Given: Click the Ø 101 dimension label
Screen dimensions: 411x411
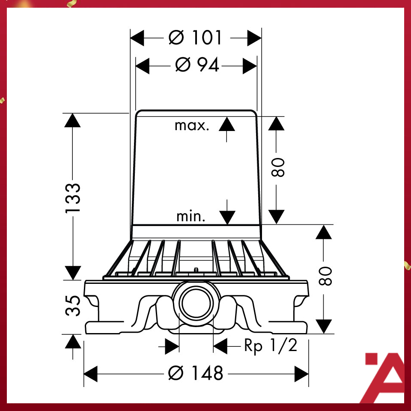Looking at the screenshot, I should pos(196,38).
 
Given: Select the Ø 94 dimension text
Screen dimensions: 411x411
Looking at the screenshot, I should pos(197,66).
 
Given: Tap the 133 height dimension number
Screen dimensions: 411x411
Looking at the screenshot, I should pos(73,198).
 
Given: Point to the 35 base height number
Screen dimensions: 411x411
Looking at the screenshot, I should pos(73,306).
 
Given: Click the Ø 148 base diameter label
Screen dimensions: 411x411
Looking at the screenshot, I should pos(196,373).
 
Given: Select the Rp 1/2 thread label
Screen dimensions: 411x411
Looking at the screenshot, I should pos(271,345).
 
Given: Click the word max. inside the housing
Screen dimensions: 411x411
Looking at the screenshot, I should pos(192,126).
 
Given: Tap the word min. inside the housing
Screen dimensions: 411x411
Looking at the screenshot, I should pos(191,217).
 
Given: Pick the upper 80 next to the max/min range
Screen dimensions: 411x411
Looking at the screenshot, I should pos(278,167).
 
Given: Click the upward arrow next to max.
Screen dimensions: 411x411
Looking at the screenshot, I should pos(227,124).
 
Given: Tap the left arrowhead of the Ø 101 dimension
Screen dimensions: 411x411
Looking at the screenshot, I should pos(137,38).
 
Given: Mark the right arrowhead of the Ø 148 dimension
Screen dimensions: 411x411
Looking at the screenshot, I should pos(301,373).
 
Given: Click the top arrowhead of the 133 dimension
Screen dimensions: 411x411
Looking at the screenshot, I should pos(73,120).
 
